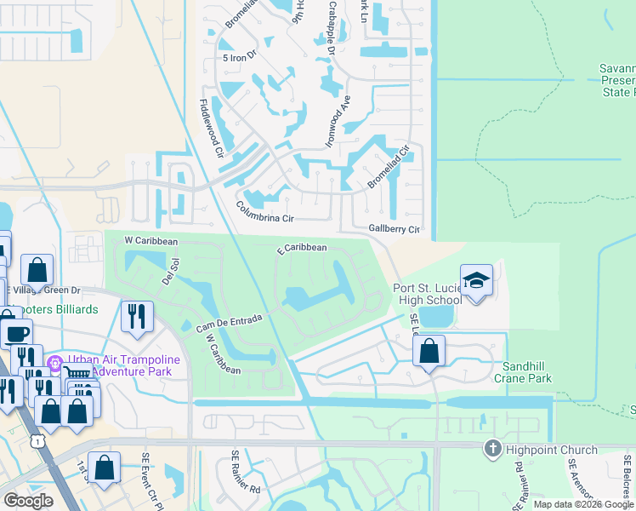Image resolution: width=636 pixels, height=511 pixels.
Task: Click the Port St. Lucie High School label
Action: point(427,294)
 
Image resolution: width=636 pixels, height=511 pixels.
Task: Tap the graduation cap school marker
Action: point(476,280)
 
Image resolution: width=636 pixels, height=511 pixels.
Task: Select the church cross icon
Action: point(492,449)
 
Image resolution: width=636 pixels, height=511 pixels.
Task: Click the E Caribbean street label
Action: point(302,248)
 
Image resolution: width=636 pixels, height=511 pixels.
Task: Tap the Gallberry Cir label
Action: point(395,229)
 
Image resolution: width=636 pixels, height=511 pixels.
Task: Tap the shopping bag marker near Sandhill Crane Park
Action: point(430,350)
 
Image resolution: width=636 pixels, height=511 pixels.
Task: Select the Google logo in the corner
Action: point(28,500)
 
